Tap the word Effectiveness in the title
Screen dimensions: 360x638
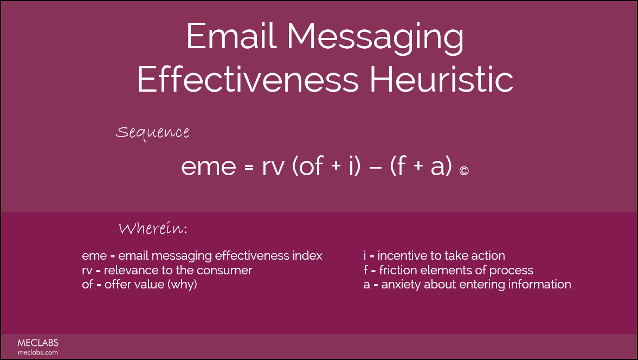(247, 80)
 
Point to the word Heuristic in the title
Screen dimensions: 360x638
(441, 80)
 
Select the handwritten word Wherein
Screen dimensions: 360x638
(153, 229)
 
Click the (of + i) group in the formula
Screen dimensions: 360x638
(326, 168)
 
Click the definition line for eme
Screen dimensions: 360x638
(202, 256)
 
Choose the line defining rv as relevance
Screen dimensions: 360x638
(167, 270)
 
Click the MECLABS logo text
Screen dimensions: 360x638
(37, 343)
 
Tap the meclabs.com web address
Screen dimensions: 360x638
(37, 352)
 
